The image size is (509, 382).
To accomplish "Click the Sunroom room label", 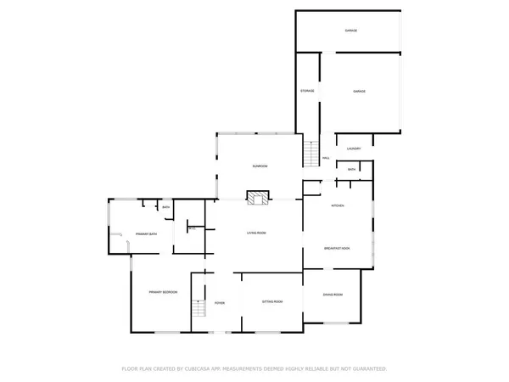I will (259, 166).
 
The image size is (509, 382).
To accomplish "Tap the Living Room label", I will (257, 233).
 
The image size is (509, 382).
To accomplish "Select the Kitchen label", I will (337, 206).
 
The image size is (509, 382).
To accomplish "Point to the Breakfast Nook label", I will (338, 248).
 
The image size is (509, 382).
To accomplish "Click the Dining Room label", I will (333, 295).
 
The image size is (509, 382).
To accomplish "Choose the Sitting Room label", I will (271, 302).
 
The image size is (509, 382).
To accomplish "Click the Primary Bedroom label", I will (163, 292).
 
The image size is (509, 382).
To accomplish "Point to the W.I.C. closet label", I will (192, 228).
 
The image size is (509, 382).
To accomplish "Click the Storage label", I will (307, 91).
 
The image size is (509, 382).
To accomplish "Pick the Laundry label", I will (354, 149).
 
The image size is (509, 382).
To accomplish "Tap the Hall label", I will (326, 159).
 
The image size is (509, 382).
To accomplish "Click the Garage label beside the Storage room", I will (359, 91).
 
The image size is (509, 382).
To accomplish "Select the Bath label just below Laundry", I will (352, 170).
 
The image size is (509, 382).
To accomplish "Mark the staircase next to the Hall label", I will (310, 154).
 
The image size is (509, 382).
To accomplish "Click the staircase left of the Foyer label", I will (199, 308).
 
